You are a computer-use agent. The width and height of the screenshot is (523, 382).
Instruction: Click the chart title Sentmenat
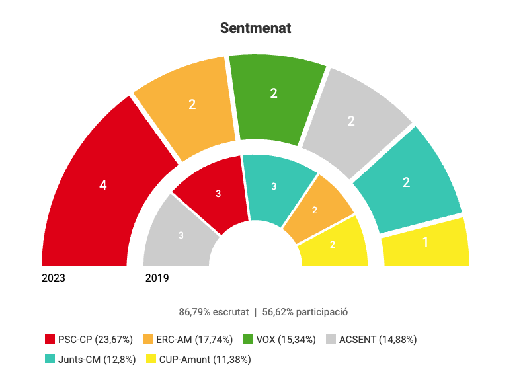click(255, 28)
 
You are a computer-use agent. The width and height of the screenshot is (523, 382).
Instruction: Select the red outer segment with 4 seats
click(103, 186)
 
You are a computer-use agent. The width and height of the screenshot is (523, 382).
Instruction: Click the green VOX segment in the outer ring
click(274, 94)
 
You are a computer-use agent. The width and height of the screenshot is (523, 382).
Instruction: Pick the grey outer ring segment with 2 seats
click(351, 120)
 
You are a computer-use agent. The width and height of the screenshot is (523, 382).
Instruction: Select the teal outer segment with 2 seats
click(406, 182)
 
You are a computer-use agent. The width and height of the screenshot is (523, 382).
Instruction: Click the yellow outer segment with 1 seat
click(425, 243)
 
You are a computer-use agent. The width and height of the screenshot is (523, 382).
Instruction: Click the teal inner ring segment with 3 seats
click(274, 186)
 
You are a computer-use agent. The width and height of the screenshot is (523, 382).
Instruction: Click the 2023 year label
click(54, 278)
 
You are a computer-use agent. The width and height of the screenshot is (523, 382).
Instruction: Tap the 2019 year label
click(157, 278)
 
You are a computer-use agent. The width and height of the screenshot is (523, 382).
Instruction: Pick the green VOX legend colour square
click(248, 340)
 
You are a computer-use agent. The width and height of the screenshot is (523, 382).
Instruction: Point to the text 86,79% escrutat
click(214, 312)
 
